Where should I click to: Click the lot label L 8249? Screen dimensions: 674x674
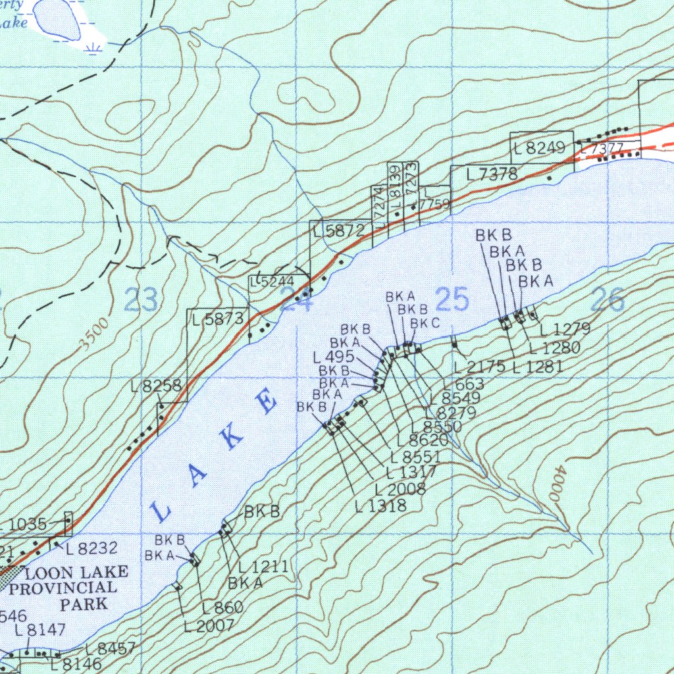point(540,149)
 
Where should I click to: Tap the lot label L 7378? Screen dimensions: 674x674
point(492,174)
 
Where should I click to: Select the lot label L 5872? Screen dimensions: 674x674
point(339,231)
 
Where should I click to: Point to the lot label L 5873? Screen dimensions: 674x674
point(219,320)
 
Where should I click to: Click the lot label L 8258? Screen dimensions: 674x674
point(156,386)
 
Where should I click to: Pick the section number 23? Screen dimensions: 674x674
point(141,300)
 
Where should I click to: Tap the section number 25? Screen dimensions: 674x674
point(452,300)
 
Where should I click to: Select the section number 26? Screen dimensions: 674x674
point(608,300)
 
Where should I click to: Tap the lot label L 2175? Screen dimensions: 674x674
point(479,367)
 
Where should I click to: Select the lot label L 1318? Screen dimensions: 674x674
point(380,505)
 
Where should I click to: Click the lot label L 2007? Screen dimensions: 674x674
point(209,626)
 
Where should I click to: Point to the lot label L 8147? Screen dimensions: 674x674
point(41,630)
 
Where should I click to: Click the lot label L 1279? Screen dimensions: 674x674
point(564,329)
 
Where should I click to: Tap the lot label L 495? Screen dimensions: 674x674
point(334,357)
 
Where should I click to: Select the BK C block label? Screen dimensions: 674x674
point(425,323)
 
